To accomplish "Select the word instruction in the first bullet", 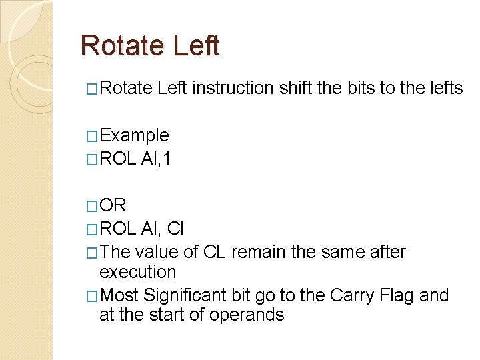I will tap(233, 88).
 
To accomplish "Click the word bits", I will tap(361, 88).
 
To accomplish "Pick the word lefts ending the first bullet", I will tap(444, 88).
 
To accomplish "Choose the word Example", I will tap(134, 136).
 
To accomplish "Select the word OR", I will tap(112, 205).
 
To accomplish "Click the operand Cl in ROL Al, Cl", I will tap(175, 229).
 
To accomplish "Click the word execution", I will tap(137, 272).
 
